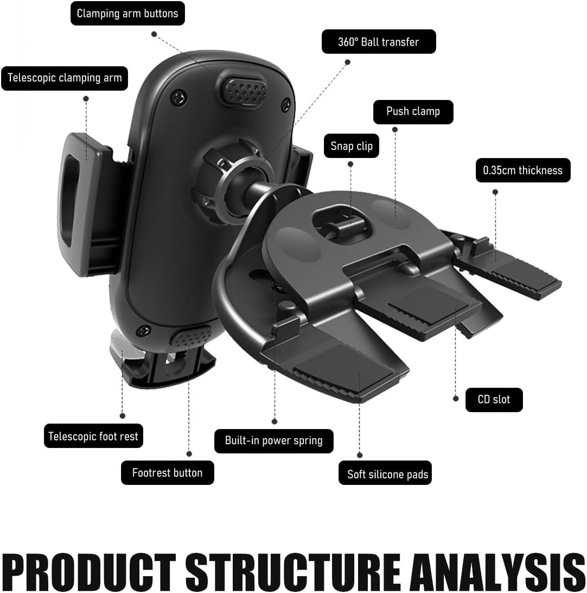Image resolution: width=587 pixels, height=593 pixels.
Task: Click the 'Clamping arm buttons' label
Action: coord(127,14)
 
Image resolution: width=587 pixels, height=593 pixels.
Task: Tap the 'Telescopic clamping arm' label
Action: coord(65,78)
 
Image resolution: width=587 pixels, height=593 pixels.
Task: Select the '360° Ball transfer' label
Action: coord(379,42)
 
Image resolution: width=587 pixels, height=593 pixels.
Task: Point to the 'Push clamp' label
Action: coord(413,111)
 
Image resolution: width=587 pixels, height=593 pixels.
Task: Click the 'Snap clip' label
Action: coord(352,146)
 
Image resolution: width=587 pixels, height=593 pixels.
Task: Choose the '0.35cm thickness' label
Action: coord(522,170)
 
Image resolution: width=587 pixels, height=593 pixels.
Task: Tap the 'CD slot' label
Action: coord(494,400)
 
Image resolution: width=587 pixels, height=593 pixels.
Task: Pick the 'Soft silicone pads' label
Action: coord(387,474)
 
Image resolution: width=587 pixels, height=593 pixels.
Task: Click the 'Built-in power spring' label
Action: coord(273,440)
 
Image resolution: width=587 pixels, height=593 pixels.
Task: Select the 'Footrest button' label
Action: coord(167,472)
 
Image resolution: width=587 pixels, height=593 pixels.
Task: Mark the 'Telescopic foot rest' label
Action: coord(93,436)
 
